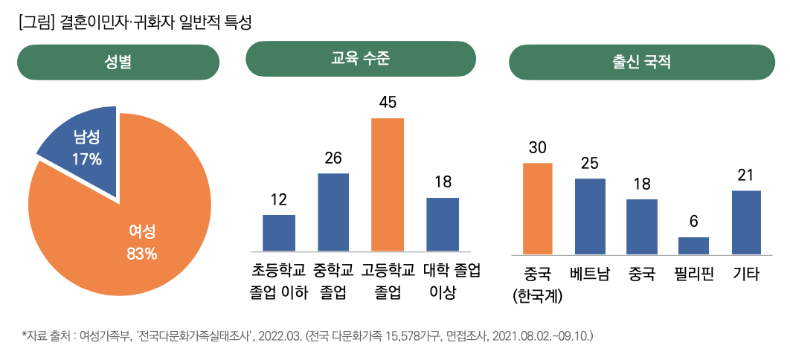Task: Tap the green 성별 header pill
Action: [x=118, y=62]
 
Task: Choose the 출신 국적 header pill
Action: [x=641, y=62]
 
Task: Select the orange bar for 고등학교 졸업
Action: [x=388, y=184]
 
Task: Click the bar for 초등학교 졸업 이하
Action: [x=279, y=233]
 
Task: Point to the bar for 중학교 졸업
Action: [x=333, y=212]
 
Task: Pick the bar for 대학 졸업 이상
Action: [x=443, y=224]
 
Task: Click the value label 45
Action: [x=388, y=102]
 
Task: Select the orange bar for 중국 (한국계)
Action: [x=538, y=208]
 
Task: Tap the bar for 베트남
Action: [x=590, y=216]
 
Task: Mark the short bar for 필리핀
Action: [x=693, y=245]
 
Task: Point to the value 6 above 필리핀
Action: [x=693, y=222]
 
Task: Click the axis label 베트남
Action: [x=590, y=274]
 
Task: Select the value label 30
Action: [x=538, y=147]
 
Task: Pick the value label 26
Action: [x=333, y=158]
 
